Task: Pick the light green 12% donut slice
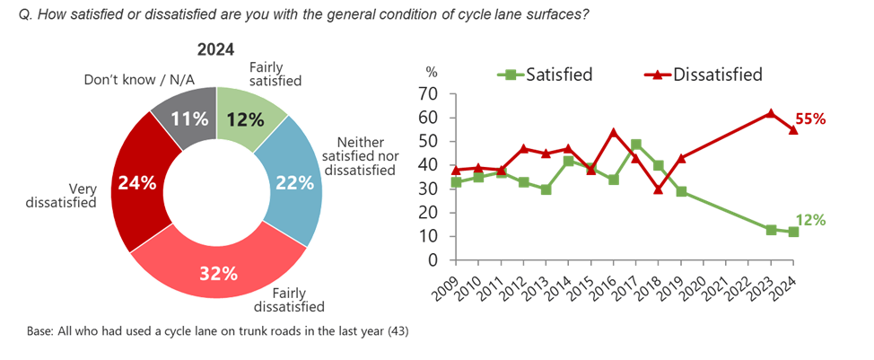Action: coord(247,119)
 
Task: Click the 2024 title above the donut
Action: coord(215,50)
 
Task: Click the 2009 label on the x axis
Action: coord(453,283)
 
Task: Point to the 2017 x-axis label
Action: coord(634,283)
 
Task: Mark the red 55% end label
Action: coord(810,119)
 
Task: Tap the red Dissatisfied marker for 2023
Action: coord(771,113)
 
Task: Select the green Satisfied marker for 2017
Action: coord(636,144)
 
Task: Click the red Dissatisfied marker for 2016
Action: coord(614,132)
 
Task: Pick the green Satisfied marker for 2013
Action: coord(546,189)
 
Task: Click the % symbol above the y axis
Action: coord(432,71)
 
